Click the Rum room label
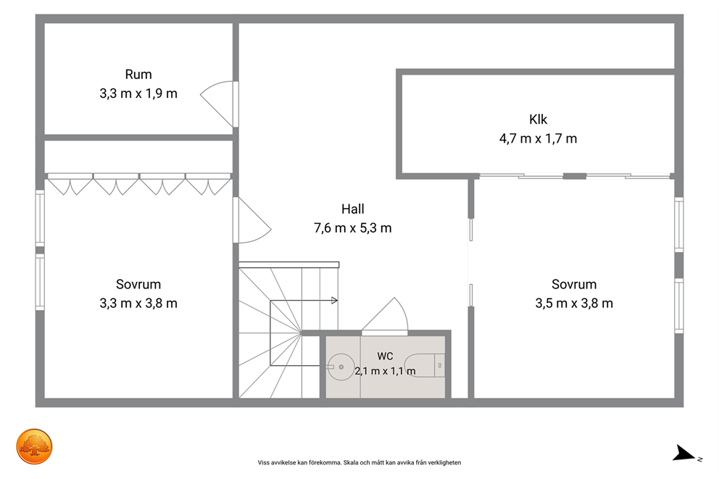tap(138, 74)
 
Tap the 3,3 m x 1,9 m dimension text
tap(138, 93)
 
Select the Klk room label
tap(538, 120)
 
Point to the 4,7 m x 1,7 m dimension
tap(538, 138)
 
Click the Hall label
tap(353, 209)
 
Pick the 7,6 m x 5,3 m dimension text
tap(353, 228)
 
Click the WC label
tap(385, 356)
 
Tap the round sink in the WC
tap(340, 367)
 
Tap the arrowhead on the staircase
tap(335, 301)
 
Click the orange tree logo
tap(34, 446)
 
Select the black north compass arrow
tap(683, 454)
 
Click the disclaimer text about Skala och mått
tap(359, 462)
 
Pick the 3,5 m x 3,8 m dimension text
tap(574, 304)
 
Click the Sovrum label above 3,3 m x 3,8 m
tap(138, 285)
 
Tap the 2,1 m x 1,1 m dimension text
tap(385, 371)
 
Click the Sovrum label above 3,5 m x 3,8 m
tap(574, 285)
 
